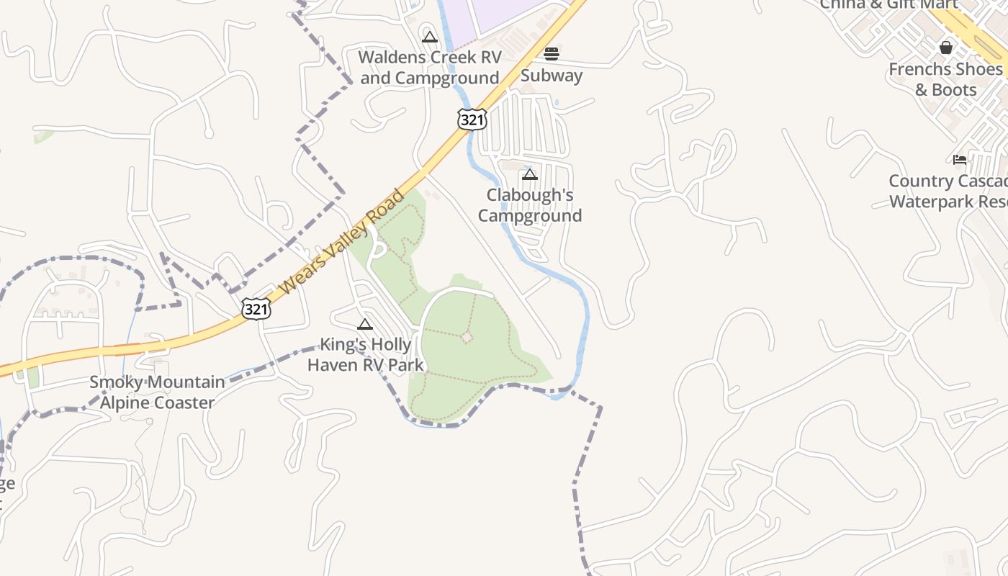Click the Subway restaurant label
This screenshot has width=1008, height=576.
pyautogui.click(x=552, y=76)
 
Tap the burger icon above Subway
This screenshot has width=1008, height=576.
pyautogui.click(x=552, y=53)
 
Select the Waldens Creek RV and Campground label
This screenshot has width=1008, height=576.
pyautogui.click(x=430, y=67)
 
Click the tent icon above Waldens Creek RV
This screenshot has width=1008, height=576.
pyautogui.click(x=430, y=37)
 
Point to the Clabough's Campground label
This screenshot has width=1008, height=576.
pyautogui.click(x=530, y=205)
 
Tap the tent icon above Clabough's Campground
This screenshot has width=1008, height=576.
pyautogui.click(x=530, y=174)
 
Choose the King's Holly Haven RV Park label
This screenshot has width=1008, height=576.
pyautogui.click(x=366, y=354)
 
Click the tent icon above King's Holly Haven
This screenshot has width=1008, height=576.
pyautogui.click(x=365, y=324)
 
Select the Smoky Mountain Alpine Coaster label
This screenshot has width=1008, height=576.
pyautogui.click(x=157, y=392)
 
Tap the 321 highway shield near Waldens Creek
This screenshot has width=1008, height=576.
pyautogui.click(x=472, y=120)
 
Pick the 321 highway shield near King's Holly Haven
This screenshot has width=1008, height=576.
pyautogui.click(x=256, y=309)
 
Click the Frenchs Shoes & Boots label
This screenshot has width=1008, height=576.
pyautogui.click(x=945, y=79)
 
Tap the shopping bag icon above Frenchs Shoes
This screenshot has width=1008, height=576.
pyautogui.click(x=946, y=48)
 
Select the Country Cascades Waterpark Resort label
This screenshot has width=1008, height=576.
pyautogui.click(x=948, y=192)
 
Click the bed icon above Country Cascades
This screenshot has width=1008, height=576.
pyautogui.click(x=960, y=159)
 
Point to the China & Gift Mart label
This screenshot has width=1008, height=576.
pyautogui.click(x=889, y=4)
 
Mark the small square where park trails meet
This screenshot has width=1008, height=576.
pyautogui.click(x=467, y=336)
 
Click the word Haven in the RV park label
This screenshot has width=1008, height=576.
pyautogui.click(x=333, y=364)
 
